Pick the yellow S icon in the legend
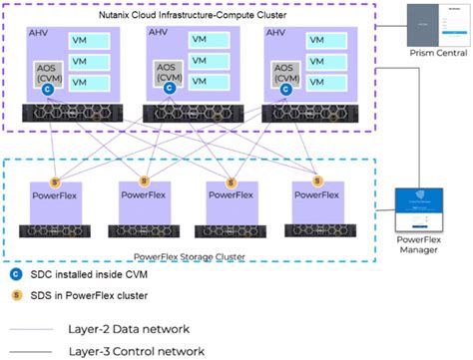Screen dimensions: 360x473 [15, 296]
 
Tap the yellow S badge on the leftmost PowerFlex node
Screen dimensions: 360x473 [56, 180]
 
